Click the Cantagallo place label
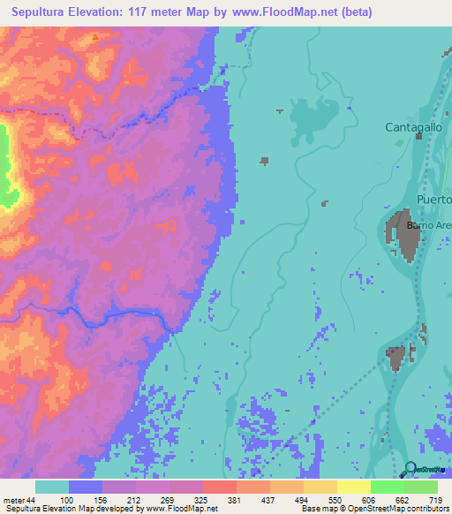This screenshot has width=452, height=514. click(413, 128)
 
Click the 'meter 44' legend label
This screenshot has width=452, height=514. click(19, 499)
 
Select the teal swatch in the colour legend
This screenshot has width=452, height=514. click(52, 487)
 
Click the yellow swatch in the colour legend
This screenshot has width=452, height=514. click(353, 487)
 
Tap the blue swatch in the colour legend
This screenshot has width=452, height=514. click(86, 487)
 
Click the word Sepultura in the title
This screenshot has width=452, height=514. click(42, 12)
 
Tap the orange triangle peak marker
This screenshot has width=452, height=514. click(95, 37)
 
